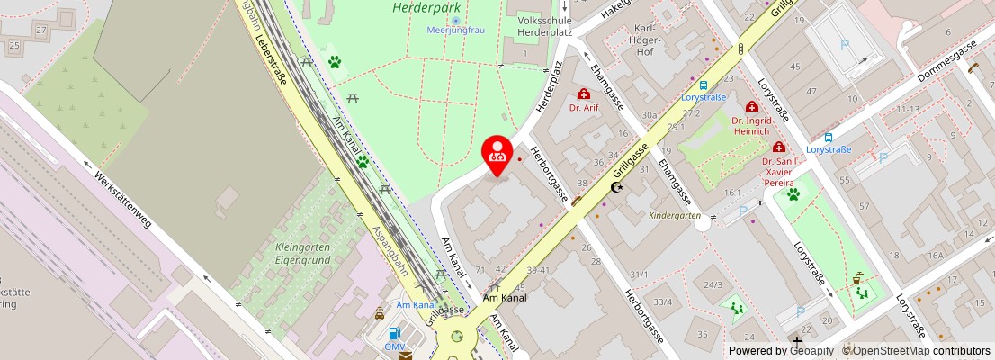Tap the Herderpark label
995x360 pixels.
click(420, 8)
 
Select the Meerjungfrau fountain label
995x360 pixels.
click(456, 30)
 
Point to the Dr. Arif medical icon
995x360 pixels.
click(584, 94)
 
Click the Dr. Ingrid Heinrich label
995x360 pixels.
click(751, 126)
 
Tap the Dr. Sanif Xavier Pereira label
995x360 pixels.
click(780, 172)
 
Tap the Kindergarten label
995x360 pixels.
click(675, 216)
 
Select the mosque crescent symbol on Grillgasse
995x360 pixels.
click(617, 187)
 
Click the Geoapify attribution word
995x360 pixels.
click(811, 351)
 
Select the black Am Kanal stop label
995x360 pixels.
click(504, 297)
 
